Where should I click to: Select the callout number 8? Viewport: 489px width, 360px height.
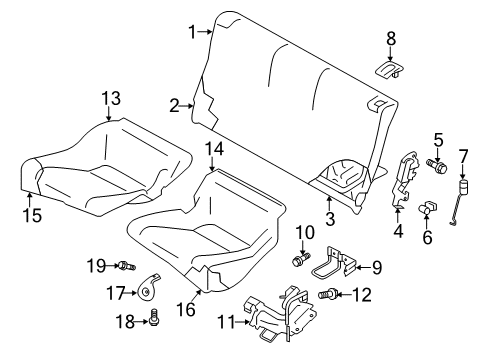click(x=392, y=39)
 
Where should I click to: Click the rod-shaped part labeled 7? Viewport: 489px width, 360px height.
click(x=461, y=200)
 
